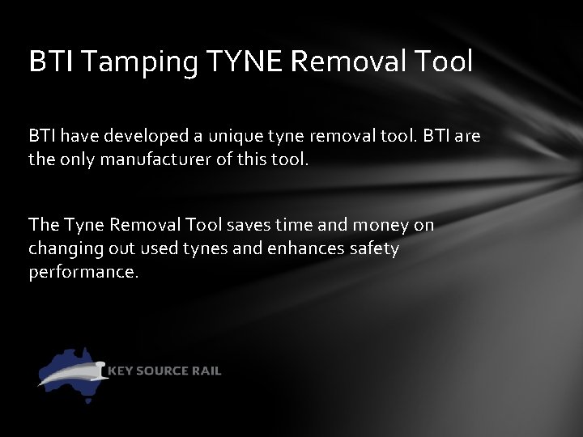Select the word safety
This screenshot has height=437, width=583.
click(x=373, y=248)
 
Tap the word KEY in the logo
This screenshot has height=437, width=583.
click(x=120, y=371)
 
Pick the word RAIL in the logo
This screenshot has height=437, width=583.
click(x=206, y=371)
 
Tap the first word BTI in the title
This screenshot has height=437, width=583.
click(x=46, y=62)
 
